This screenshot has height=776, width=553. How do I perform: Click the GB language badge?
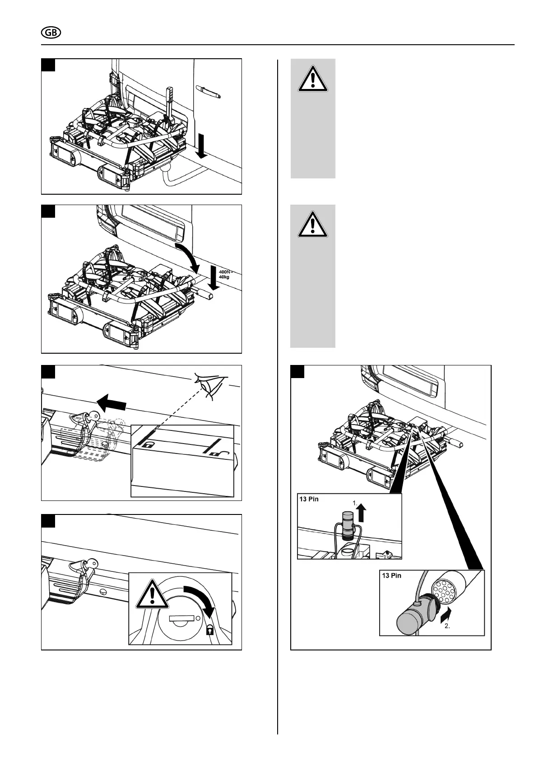pyautogui.click(x=51, y=33)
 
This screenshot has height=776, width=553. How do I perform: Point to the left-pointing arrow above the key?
pyautogui.click(x=112, y=401)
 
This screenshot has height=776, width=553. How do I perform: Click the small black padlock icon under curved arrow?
pyautogui.click(x=210, y=630)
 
